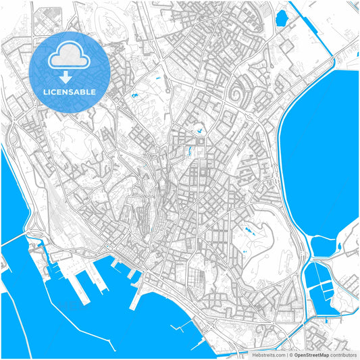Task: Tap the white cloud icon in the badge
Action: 70,59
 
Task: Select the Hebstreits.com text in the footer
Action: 269,354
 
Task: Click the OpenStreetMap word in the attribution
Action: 311,354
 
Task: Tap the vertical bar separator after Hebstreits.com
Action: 286,354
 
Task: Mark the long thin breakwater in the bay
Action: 185,330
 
